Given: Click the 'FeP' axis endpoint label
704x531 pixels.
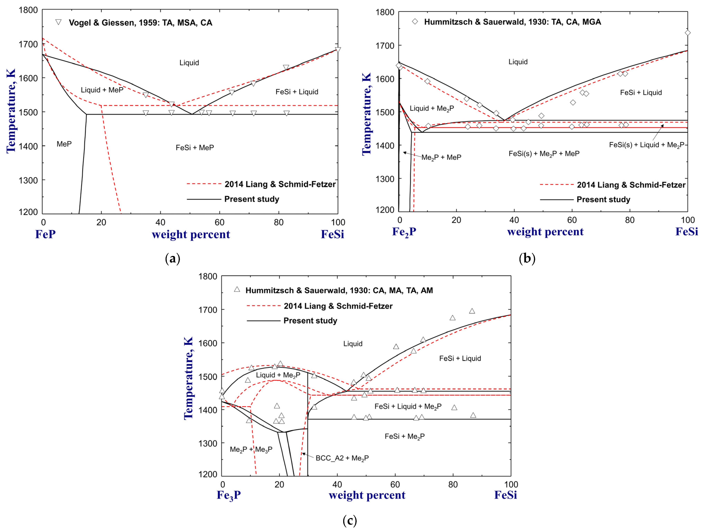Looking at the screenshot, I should point(45,234).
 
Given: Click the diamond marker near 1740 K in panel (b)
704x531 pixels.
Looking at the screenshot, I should point(687,33).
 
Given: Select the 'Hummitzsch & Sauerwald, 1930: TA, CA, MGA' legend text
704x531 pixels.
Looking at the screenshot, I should point(512,22).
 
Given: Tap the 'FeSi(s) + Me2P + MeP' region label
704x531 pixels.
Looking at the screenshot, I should point(544,154).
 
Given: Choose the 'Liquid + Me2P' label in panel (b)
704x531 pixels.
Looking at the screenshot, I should point(431,108).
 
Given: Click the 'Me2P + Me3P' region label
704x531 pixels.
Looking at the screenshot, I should point(251,449).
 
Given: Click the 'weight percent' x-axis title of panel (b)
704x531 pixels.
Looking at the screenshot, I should point(545,232).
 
